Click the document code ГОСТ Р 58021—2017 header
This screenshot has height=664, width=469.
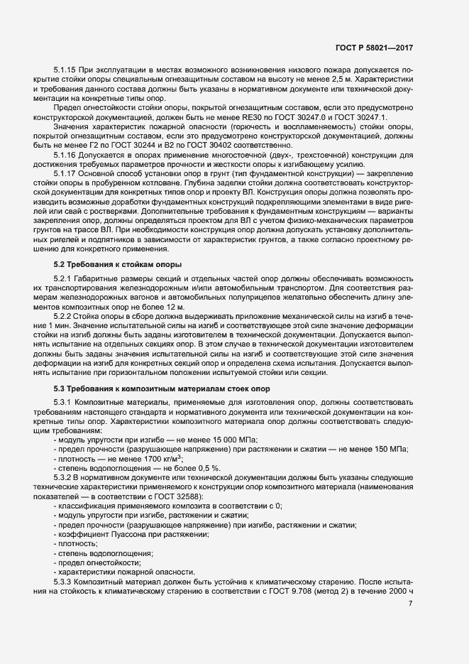click(x=373, y=48)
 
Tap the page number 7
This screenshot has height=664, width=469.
click(x=411, y=603)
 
